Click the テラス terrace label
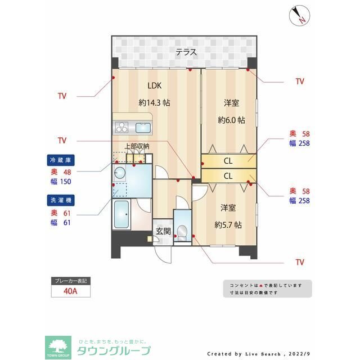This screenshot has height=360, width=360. tap(186, 52)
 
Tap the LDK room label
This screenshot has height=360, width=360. tap(155, 86)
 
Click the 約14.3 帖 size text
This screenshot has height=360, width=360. tap(155, 103)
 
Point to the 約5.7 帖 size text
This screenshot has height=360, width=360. tap(228, 224)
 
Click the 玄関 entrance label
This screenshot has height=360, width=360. tap(163, 231)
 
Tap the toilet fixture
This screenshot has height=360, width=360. tap(182, 231)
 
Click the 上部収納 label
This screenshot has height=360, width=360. tap(137, 147)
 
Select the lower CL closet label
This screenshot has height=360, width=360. tap(228, 175)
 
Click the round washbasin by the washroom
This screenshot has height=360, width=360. tap(120, 172)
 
